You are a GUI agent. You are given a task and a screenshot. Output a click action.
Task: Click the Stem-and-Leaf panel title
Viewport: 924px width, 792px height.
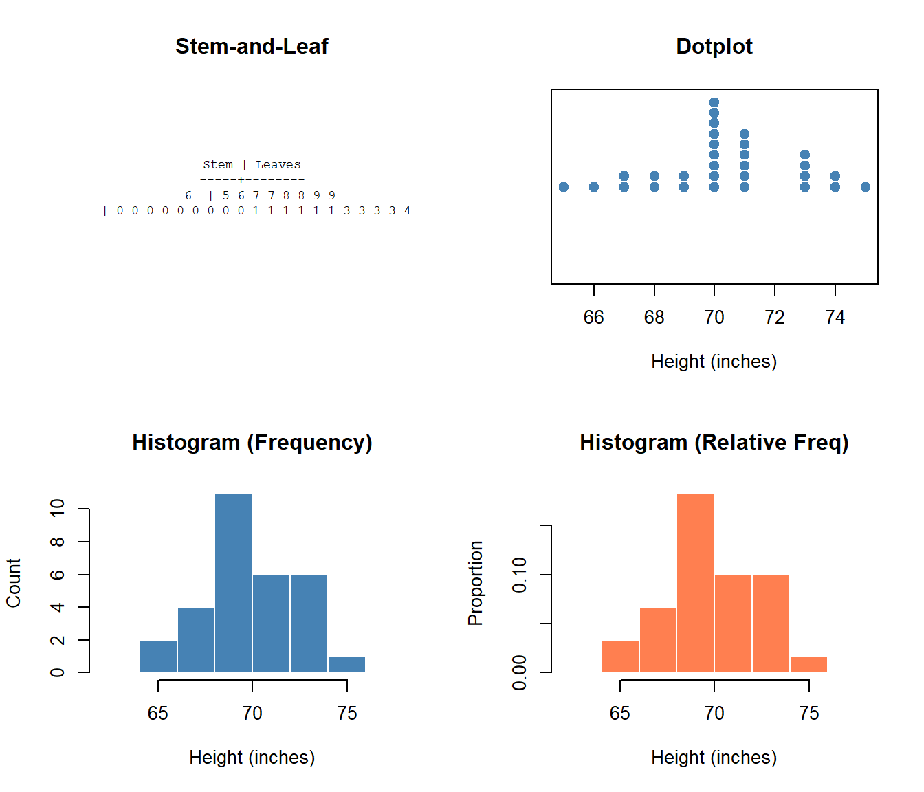coord(252,46)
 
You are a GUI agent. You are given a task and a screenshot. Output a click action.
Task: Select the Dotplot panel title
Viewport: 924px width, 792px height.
coord(714,46)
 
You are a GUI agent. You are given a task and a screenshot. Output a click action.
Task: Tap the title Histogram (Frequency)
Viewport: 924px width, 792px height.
coord(252,442)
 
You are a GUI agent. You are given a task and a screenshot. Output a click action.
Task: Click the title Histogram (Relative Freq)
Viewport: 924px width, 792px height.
coord(714,442)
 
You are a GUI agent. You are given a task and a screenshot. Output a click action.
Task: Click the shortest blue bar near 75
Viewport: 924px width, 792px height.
coord(346,664)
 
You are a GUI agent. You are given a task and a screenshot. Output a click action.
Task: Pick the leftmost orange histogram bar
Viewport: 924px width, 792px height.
coord(620,656)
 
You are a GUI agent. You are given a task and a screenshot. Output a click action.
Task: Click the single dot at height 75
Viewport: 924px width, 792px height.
coord(865,187)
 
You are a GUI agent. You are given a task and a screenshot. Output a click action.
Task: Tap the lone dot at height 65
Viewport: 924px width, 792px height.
coord(564,187)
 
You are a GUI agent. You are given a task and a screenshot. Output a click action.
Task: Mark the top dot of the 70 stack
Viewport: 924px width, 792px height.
coord(714,102)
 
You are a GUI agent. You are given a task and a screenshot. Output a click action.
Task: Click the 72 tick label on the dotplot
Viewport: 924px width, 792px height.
coord(775,317)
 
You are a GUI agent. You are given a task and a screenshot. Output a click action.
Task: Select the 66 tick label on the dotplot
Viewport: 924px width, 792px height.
coord(593,317)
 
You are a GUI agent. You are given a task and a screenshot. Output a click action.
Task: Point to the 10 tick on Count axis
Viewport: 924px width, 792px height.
coord(57,509)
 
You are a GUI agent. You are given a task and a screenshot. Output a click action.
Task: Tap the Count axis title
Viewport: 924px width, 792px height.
coord(14,583)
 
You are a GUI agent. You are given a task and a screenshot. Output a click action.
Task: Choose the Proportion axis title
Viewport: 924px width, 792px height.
coord(475,583)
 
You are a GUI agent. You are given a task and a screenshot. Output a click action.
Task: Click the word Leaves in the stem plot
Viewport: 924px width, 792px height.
coord(278,165)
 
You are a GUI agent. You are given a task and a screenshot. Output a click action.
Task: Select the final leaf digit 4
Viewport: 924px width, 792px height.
coord(407,211)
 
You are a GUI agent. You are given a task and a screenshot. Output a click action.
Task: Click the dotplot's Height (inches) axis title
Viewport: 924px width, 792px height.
coord(714,362)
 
